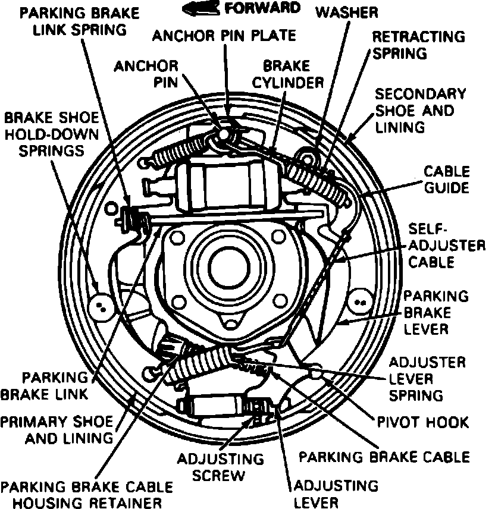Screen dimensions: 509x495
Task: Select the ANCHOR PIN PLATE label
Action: click(x=224, y=36)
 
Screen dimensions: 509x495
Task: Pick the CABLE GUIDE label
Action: click(x=446, y=180)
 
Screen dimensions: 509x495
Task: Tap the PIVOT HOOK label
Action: click(x=423, y=422)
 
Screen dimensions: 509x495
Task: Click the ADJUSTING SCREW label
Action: click(x=221, y=467)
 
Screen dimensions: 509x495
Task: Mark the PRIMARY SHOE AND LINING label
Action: click(x=56, y=430)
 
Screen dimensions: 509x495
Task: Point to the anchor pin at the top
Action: click(x=222, y=136)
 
